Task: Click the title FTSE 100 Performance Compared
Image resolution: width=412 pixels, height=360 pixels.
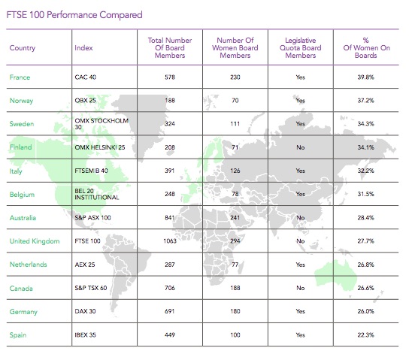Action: pos(74,15)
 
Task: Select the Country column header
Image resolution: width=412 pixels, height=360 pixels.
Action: pos(23,48)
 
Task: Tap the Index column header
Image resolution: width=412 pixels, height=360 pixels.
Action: pos(83,48)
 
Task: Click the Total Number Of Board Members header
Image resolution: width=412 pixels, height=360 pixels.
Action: pos(170,48)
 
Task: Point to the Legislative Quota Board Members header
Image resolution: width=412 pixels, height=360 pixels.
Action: pos(300,48)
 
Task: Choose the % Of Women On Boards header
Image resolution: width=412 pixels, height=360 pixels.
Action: pos(366,48)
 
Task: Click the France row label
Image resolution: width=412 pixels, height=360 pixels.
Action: pos(20,77)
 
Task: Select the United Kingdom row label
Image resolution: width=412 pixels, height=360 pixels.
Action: pos(35,241)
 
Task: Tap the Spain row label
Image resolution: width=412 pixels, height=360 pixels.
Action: pos(18,335)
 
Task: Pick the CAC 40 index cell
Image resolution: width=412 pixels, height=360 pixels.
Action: pos(86,77)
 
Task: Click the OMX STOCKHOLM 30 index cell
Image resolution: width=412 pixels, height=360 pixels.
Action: pos(101,124)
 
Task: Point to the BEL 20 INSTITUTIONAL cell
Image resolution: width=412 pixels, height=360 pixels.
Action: pos(97,195)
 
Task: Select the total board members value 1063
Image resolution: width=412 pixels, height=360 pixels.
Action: pos(170,241)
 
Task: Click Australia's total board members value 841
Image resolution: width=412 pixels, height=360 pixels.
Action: pos(170,218)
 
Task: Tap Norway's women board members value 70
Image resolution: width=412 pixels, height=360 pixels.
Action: pos(235,101)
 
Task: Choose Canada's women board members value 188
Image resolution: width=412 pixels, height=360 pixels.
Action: pos(235,288)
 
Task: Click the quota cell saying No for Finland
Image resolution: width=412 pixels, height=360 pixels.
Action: pos(300,147)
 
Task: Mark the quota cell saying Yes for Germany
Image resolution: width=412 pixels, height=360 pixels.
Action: pos(300,311)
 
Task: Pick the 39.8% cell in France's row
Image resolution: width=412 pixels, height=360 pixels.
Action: pos(365,77)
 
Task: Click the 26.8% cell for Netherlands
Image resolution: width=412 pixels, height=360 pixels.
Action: pos(365,265)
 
